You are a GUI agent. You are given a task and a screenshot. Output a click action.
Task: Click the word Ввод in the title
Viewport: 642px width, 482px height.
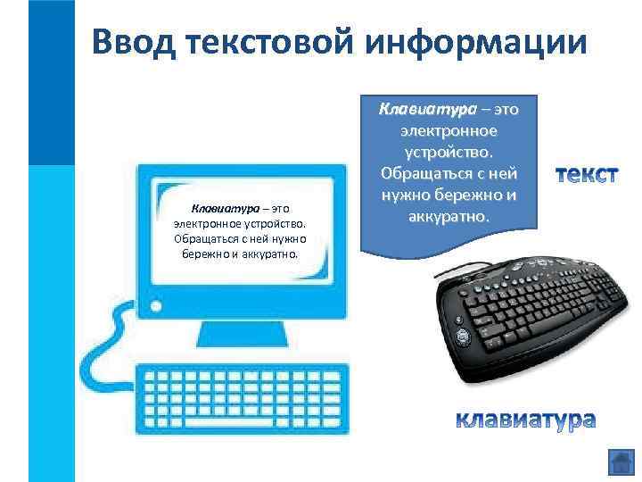click(139, 42)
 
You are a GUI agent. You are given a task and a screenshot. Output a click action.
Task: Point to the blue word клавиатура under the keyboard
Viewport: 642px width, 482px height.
click(526, 419)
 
